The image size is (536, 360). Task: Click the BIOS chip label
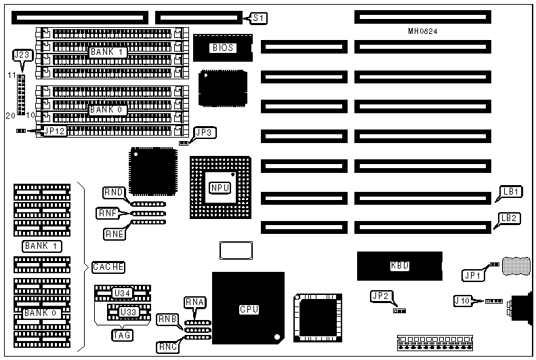tap(223, 47)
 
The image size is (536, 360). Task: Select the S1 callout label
tap(257, 18)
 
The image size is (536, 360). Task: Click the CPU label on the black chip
tap(249, 309)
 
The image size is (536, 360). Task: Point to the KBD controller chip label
tap(400, 266)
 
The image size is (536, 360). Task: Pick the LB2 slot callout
tap(509, 218)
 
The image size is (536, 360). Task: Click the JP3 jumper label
tap(205, 133)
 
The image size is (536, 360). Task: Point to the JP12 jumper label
tap(55, 131)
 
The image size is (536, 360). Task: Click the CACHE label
tap(108, 267)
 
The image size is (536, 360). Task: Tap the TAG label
tap(122, 334)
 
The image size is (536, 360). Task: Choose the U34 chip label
tap(122, 293)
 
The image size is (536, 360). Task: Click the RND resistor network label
tap(113, 193)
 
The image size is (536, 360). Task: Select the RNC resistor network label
tap(167, 346)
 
